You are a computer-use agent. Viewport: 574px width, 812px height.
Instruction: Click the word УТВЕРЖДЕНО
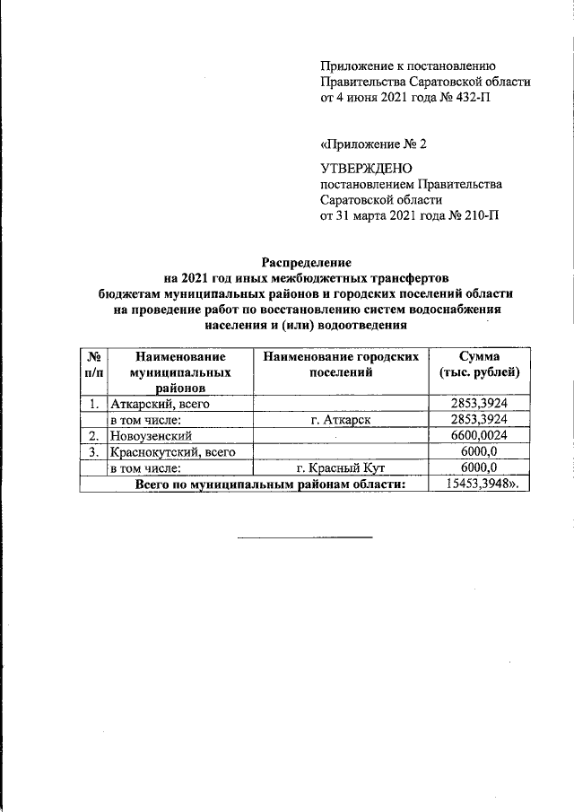point(365,168)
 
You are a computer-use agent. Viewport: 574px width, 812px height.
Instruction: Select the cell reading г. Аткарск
point(341,420)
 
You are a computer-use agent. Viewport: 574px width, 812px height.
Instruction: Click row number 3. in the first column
point(92,452)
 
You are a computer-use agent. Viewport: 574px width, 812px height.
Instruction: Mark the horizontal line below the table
point(305,537)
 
